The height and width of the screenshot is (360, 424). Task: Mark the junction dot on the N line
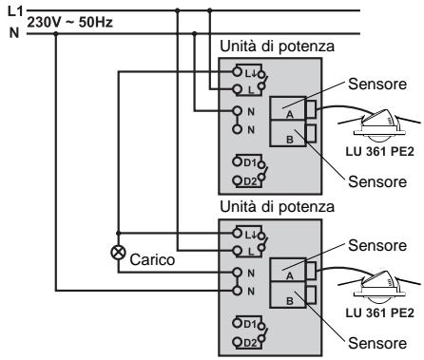click(56, 35)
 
